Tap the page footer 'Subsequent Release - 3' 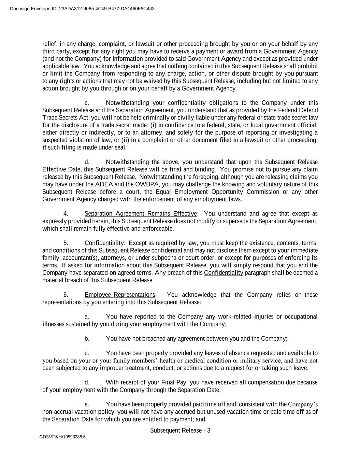pyautogui.click(x=180, y=430)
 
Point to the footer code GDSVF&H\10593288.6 pyautogui.click(x=62, y=437)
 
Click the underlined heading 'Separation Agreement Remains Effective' pyautogui.click(x=141, y=214)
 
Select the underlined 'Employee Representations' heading pyautogui.click(x=120, y=295)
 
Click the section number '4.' pyautogui.click(x=66, y=214)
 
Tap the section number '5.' pyautogui.click(x=66, y=243)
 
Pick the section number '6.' pyautogui.click(x=66, y=295)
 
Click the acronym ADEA pyautogui.click(x=104, y=184)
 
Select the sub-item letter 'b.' pyautogui.click(x=87, y=339)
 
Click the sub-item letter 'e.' pyautogui.click(x=87, y=405)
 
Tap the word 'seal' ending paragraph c pyautogui.click(x=121, y=147)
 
